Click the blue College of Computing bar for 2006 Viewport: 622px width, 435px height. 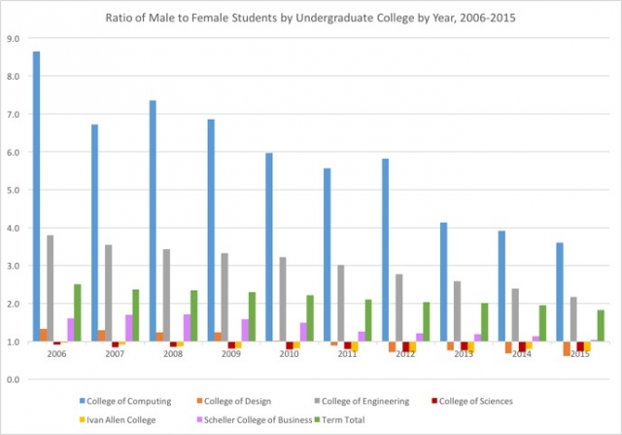tap(36, 195)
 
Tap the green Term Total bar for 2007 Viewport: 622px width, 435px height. tap(136, 315)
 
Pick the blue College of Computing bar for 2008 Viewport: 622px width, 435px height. tap(153, 220)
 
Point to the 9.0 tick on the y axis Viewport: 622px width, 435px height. tap(14, 39)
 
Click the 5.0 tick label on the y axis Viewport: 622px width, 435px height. tap(14, 190)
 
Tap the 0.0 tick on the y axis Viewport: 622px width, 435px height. tap(14, 379)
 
